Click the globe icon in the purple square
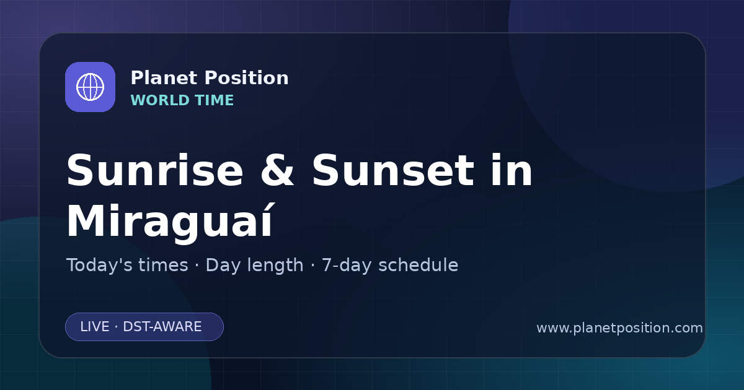click(90, 87)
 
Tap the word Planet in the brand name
click(164, 78)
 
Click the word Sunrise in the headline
click(155, 170)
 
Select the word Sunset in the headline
click(393, 170)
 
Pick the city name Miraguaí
click(169, 220)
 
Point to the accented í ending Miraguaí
click(266, 220)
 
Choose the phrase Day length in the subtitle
click(254, 266)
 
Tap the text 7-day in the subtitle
click(347, 266)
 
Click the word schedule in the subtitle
click(418, 265)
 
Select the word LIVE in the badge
click(95, 327)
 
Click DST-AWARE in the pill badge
click(162, 327)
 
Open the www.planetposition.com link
click(620, 328)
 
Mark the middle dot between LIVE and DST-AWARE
click(116, 327)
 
